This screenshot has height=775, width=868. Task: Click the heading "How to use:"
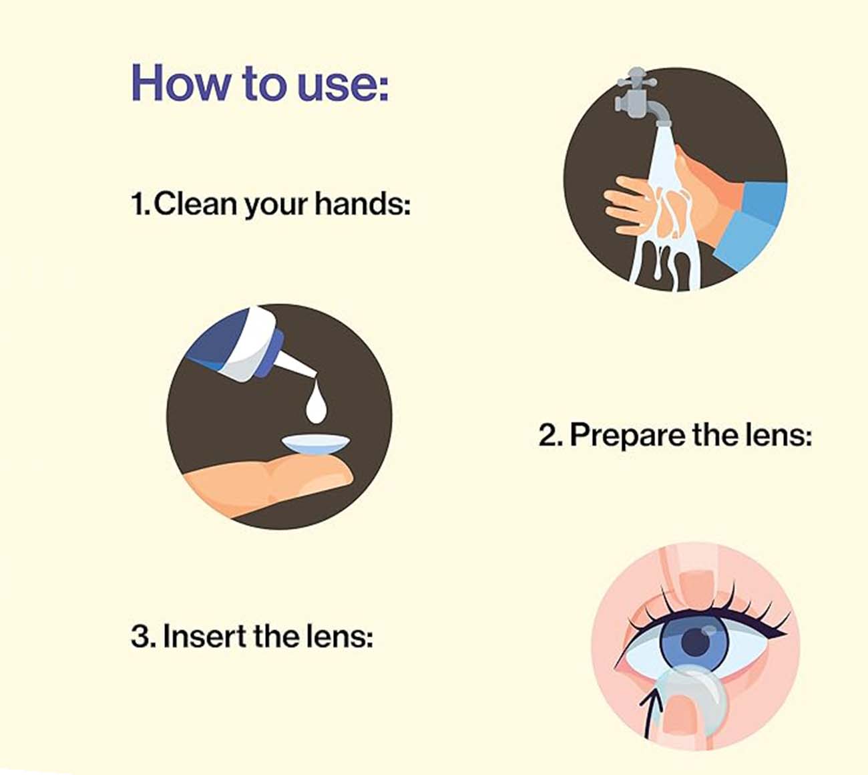[x=260, y=82]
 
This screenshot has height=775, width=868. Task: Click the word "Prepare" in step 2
[x=628, y=436]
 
